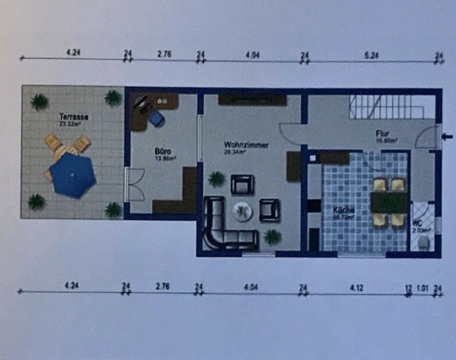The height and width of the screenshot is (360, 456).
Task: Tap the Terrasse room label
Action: click(70, 116)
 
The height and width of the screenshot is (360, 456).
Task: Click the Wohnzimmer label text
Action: click(246, 144)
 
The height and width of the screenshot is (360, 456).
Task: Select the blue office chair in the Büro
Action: click(156, 119)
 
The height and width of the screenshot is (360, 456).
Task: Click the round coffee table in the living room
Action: click(242, 210)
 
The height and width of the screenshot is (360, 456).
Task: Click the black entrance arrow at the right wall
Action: click(447, 137)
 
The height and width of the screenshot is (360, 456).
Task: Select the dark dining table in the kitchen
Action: click(389, 202)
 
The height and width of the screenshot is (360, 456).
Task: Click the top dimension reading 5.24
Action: click(372, 55)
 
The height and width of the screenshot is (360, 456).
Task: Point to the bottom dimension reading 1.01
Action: click(423, 288)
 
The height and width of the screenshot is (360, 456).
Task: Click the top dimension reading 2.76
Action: click(164, 54)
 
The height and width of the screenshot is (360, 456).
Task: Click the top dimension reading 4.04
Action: click(253, 55)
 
